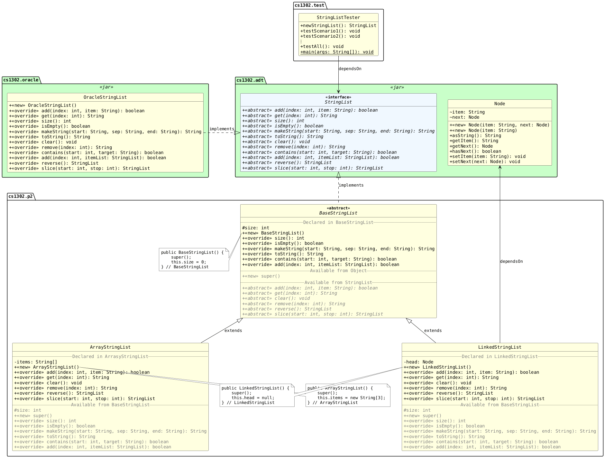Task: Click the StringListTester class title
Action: pos(338,17)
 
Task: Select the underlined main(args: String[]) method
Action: pos(337,52)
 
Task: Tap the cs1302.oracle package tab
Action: pos(21,80)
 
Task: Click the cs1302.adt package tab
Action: pos(250,80)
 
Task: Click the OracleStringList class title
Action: pos(105,97)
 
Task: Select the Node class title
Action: pos(500,104)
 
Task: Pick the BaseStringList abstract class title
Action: pos(338,213)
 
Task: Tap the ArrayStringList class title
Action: pos(110,347)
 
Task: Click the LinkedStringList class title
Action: pos(500,347)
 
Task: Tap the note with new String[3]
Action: pos(347,395)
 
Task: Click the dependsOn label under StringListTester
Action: pos(350,69)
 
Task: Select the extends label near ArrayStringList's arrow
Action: pos(233,330)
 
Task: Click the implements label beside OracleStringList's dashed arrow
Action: pos(222,129)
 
